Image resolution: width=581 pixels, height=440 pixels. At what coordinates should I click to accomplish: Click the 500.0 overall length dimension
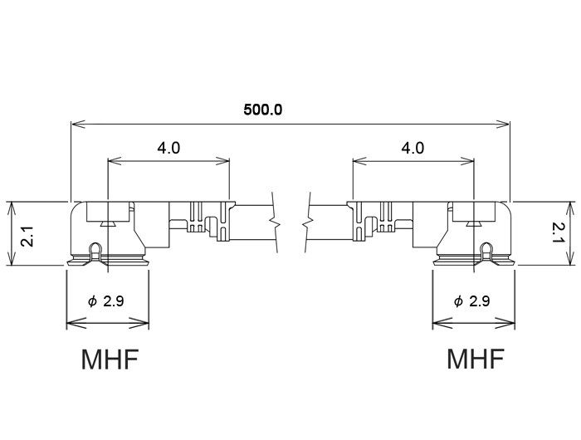pyautogui.click(x=263, y=110)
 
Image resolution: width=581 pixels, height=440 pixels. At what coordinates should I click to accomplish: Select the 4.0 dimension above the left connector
pyautogui.click(x=168, y=148)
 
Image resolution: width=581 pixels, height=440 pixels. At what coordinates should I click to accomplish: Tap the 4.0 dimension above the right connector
pyautogui.click(x=413, y=148)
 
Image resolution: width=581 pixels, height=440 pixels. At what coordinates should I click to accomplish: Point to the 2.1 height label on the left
pyautogui.click(x=27, y=236)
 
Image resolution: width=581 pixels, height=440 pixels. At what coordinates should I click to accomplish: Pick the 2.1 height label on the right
pyautogui.click(x=557, y=232)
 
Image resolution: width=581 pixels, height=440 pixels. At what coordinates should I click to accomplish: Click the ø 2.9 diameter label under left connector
pyautogui.click(x=106, y=301)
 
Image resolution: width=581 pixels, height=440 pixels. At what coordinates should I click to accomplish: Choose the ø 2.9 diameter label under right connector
pyautogui.click(x=471, y=301)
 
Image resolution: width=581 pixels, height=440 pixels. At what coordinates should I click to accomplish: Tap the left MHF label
pyautogui.click(x=110, y=359)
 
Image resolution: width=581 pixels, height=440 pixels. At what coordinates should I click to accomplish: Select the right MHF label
pyautogui.click(x=476, y=359)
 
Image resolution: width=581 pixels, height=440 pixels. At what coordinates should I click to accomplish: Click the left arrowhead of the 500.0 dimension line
pyautogui.click(x=78, y=125)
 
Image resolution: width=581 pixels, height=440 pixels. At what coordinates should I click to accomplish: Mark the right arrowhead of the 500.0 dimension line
pyautogui.click(x=502, y=125)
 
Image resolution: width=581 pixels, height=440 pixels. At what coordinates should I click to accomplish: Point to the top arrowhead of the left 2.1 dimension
pyautogui.click(x=12, y=208)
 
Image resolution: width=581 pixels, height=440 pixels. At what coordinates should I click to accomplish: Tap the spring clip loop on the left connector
pyautogui.click(x=95, y=252)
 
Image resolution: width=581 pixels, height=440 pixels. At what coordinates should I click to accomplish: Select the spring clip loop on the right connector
pyautogui.click(x=486, y=252)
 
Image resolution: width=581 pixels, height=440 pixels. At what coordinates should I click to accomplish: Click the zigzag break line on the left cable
pyautogui.click(x=275, y=222)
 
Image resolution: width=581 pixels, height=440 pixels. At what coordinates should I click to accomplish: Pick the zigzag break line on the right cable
pyautogui.click(x=307, y=222)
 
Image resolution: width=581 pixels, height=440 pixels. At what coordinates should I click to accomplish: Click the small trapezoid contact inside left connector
pyautogui.click(x=108, y=223)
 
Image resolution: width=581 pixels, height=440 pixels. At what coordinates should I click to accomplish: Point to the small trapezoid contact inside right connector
pyautogui.click(x=474, y=223)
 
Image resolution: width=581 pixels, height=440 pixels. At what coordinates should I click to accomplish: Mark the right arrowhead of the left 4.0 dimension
pyautogui.click(x=222, y=161)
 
